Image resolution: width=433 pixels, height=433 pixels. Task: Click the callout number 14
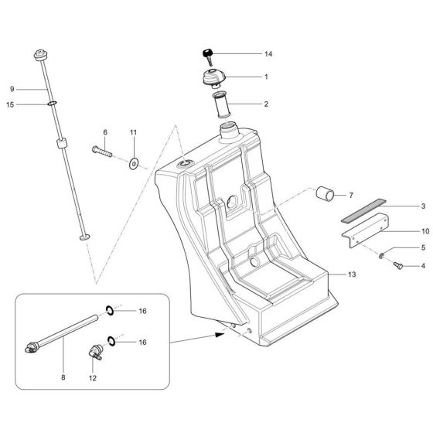point(268,54)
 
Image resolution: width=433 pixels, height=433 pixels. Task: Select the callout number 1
point(265,77)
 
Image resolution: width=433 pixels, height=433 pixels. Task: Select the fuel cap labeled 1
point(212,78)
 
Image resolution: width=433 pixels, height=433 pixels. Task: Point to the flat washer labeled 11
point(133,163)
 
